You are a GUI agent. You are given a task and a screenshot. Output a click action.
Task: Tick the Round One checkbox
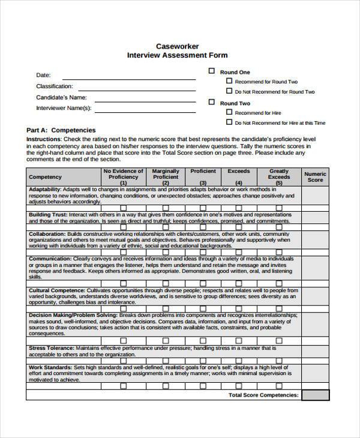(x=211, y=71)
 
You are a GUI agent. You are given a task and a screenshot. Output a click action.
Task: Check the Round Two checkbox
(x=211, y=102)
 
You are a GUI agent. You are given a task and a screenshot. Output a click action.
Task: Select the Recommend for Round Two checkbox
(x=229, y=80)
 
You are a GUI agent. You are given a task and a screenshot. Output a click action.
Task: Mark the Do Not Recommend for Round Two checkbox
(x=229, y=91)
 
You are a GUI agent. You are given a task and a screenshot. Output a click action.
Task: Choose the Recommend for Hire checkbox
(x=229, y=112)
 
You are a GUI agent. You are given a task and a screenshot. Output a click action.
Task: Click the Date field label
(x=43, y=75)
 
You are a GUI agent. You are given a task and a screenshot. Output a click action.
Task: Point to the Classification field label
(x=55, y=86)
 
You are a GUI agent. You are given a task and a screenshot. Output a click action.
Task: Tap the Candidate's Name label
(x=61, y=97)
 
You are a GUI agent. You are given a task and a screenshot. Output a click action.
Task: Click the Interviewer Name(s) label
(x=64, y=108)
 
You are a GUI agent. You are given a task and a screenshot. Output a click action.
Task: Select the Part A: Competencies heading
(x=61, y=130)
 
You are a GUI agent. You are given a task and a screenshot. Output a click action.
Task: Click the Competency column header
(x=45, y=177)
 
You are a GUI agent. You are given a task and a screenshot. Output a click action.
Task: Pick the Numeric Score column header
(x=315, y=177)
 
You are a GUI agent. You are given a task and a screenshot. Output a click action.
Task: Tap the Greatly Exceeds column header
(x=279, y=174)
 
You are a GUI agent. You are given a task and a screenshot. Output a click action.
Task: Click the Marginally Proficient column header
(x=166, y=174)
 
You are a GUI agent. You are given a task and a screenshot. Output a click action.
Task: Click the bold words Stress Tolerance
(x=51, y=347)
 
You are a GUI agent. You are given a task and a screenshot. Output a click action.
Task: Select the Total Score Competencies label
(x=263, y=395)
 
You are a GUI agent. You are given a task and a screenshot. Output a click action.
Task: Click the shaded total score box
(x=315, y=395)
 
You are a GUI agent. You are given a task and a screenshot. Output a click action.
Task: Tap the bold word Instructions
(x=43, y=139)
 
